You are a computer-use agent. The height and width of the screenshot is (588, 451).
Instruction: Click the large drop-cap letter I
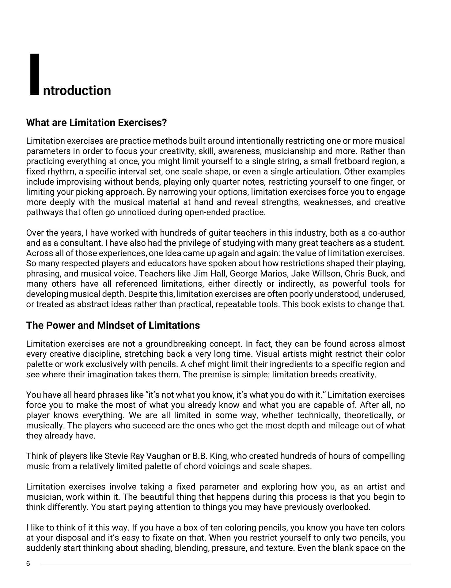[35, 74]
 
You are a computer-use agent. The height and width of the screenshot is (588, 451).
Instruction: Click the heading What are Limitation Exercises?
[97, 123]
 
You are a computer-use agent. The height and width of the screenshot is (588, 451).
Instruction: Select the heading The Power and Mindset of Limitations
[113, 325]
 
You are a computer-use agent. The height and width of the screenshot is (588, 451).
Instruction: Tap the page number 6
[28, 564]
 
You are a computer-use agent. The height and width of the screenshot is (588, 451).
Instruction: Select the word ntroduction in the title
[77, 91]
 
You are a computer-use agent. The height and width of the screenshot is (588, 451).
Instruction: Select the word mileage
[343, 425]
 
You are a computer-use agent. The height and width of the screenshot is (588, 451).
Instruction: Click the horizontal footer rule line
[225, 564]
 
